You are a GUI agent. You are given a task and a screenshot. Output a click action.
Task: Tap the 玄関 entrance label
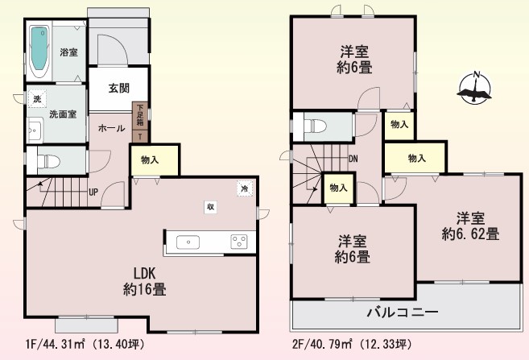coord(118,89)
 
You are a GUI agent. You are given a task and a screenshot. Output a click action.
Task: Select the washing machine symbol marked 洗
coord(37,99)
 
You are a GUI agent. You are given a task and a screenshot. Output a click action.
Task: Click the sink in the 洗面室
coord(35,130)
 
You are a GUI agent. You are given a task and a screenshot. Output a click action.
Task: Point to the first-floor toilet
coord(48,161)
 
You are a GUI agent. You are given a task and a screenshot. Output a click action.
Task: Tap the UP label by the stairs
coord(93,192)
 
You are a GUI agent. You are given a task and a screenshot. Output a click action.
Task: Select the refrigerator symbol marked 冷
coord(245,188)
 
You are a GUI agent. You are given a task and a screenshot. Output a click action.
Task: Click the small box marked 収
coord(210,207)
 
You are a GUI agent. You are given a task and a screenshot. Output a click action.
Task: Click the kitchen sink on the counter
coord(188,242)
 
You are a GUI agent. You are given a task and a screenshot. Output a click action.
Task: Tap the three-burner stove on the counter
coord(239,242)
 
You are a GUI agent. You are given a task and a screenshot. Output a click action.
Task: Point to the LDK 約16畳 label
coord(144,281)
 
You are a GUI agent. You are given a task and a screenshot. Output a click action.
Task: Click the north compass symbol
coord(474,89)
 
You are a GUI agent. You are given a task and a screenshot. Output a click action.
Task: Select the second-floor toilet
coord(315,126)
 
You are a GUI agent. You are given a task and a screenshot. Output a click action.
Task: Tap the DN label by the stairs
coord(353,159)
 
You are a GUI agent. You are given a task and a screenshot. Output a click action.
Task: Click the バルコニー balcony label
coord(403,312)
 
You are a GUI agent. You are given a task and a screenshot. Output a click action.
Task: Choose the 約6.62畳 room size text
coord(470,234)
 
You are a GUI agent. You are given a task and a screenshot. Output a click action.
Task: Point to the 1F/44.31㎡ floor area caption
coord(85,344)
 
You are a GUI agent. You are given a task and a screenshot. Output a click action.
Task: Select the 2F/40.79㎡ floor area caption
coord(352,344)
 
